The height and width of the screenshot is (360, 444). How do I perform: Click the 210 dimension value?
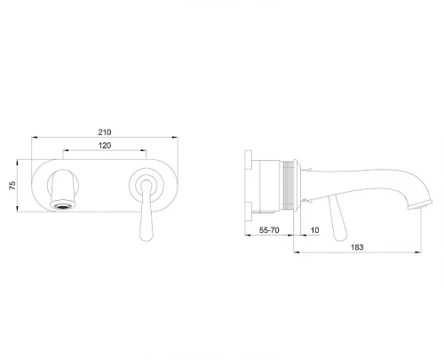(x=105, y=132)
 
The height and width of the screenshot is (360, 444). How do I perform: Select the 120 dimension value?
(x=105, y=146)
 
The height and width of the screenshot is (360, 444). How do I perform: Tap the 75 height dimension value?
(x=12, y=186)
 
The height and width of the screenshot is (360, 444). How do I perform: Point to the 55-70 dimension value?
(x=269, y=230)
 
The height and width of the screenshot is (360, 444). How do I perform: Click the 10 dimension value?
(x=315, y=230)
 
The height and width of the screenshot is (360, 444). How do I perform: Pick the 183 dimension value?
(x=357, y=247)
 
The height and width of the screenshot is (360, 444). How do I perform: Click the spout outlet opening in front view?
(x=63, y=206)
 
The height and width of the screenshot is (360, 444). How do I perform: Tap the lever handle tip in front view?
(x=147, y=236)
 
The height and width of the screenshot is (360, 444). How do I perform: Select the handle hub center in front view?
(x=146, y=185)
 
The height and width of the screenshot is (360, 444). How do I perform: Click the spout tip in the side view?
(x=420, y=205)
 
